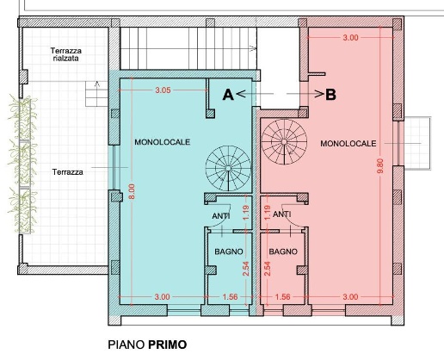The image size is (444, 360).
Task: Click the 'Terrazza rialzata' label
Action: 66,54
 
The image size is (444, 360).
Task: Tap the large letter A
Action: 228,95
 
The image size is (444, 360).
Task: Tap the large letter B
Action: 330,95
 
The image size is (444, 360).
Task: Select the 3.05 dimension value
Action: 163,90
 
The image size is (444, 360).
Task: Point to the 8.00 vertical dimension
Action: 132,191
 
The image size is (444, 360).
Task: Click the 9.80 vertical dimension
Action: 380,166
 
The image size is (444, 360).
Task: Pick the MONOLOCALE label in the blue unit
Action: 163,142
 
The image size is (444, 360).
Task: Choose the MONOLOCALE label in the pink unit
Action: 348,143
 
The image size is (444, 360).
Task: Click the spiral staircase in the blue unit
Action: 228,168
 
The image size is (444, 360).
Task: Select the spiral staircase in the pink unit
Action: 284,142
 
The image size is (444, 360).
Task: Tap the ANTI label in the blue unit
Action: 221,215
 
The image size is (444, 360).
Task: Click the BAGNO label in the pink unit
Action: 283,251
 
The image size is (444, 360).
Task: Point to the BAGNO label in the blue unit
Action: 229,251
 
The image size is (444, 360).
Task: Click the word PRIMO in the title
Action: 168,344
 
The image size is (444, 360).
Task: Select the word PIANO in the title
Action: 126,344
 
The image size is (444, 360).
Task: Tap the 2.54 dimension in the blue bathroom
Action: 246,269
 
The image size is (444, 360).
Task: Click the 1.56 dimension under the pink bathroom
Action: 282,297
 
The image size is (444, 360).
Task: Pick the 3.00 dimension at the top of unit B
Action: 350,38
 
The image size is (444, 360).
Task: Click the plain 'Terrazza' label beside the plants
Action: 68,172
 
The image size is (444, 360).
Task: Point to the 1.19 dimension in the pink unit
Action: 268,213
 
